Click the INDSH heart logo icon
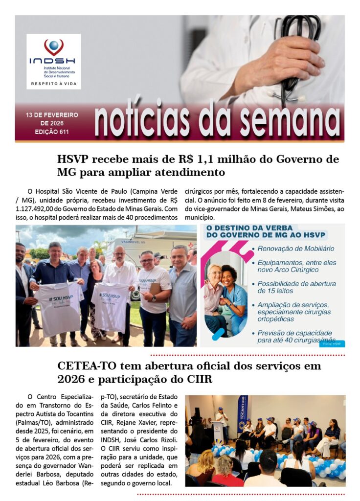tap(53, 47)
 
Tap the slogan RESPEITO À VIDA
tap(53, 84)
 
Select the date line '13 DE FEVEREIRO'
tap(52, 115)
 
